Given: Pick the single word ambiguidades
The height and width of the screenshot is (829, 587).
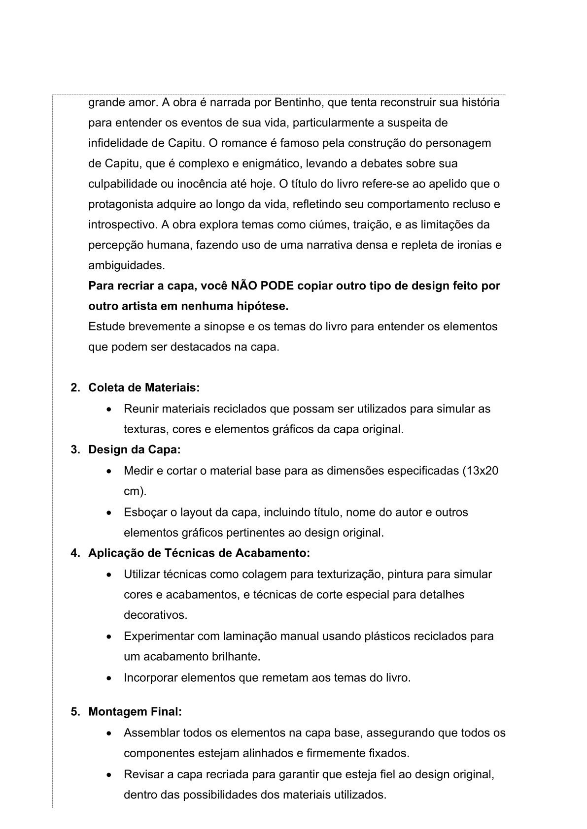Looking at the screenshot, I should coord(126,266).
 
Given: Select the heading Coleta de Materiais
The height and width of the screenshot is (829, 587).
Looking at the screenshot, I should coord(144,388).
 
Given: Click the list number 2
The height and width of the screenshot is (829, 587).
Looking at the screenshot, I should coord(75,388).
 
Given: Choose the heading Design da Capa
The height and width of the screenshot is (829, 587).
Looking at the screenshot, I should coord(135,450).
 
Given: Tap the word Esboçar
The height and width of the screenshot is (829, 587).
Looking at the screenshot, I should coord(145,512).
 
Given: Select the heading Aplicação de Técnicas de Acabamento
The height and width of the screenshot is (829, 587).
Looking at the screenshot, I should coord(199,553).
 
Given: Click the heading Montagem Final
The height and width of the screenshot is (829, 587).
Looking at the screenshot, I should coord(135,712).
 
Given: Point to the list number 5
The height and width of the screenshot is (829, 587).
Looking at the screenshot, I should coord(75,712).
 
